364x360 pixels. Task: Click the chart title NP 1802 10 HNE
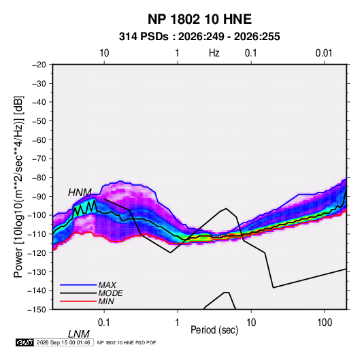[199, 19]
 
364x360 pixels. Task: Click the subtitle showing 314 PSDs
[199, 37]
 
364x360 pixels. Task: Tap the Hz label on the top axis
[214, 53]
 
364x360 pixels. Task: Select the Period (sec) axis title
[214, 329]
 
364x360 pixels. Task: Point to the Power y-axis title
[18, 186]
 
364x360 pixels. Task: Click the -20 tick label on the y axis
[39, 65]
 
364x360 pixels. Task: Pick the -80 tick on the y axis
[39, 178]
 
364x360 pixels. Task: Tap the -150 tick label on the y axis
[37, 310]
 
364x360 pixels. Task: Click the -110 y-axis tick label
[37, 234]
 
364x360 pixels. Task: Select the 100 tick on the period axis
[325, 323]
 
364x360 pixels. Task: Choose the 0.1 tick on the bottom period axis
[103, 323]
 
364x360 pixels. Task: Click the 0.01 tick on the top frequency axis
[324, 53]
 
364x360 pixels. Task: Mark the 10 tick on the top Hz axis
[104, 53]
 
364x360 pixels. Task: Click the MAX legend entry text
[107, 285]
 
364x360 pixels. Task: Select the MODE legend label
[110, 293]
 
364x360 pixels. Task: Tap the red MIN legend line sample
[78, 301]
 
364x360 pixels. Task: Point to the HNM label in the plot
[80, 193]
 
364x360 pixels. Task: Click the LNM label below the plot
[79, 334]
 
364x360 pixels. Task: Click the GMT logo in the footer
[25, 342]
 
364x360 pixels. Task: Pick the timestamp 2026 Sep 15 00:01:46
[63, 342]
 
